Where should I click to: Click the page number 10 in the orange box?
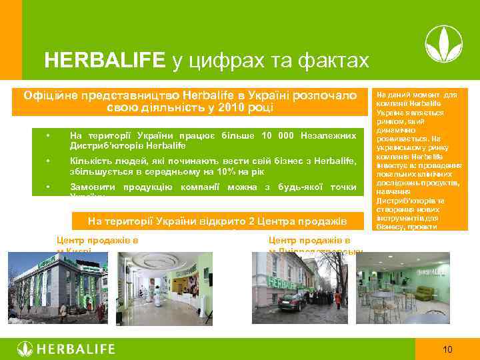447,349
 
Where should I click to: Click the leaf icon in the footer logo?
25,349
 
